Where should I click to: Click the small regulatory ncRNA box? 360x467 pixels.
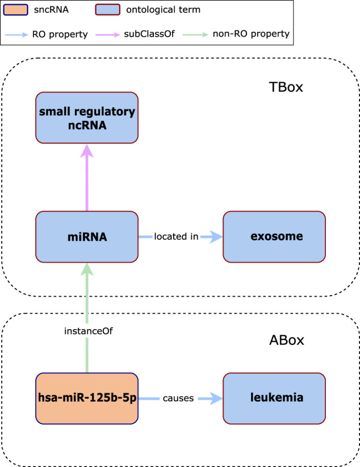click(x=87, y=117)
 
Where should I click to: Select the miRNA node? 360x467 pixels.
click(x=87, y=237)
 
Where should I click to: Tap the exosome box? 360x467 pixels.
click(x=274, y=237)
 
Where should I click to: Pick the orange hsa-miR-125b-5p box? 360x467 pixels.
click(x=87, y=398)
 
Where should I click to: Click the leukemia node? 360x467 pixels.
click(x=274, y=398)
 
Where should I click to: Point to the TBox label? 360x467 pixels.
click(x=286, y=87)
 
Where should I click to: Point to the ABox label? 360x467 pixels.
click(x=287, y=340)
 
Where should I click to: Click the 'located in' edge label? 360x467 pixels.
click(x=176, y=237)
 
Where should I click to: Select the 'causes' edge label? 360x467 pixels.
click(x=178, y=398)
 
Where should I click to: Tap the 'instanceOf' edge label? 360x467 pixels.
click(x=89, y=331)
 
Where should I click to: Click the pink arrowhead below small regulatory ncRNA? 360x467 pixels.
click(x=87, y=151)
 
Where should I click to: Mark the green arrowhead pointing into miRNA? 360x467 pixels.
click(x=87, y=270)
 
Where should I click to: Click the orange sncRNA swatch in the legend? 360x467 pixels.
click(x=15, y=10)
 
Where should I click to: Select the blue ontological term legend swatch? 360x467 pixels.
click(x=107, y=10)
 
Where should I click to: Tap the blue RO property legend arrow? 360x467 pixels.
click(x=16, y=35)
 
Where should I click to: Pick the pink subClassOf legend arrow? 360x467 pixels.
click(x=107, y=35)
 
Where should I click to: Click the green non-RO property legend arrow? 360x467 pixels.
click(x=195, y=35)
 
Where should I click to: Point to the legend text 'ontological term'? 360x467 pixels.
click(x=164, y=10)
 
